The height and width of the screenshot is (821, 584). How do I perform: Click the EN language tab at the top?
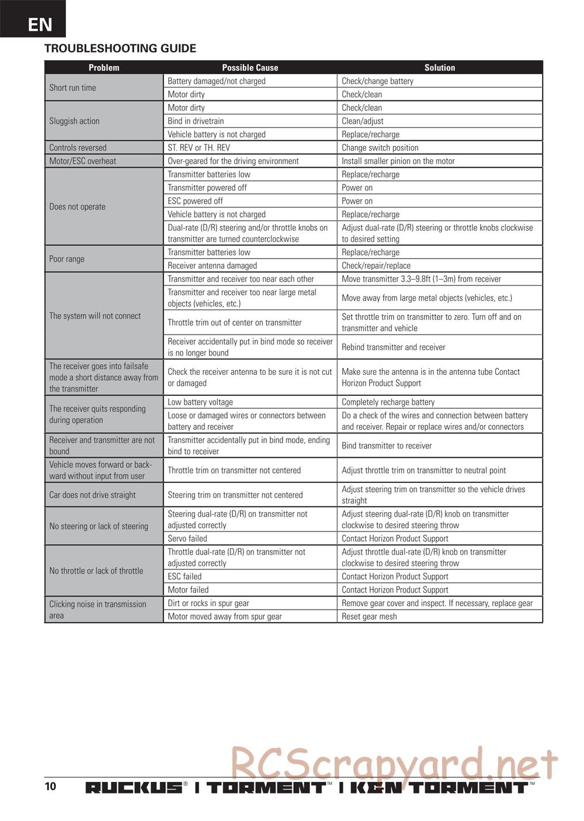click(39, 24)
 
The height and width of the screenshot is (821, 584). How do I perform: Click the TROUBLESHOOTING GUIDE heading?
click(120, 48)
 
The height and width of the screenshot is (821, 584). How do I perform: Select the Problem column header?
click(104, 68)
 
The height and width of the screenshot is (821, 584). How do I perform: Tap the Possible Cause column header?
click(250, 68)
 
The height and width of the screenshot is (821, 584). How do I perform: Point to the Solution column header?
click(439, 68)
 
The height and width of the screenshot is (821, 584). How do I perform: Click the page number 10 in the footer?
click(51, 786)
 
